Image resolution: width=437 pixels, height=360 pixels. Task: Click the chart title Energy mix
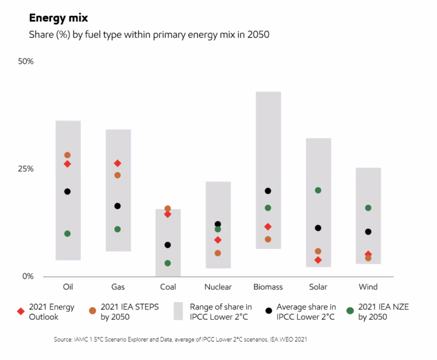pos(58,18)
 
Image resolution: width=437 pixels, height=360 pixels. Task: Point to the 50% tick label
pos(25,61)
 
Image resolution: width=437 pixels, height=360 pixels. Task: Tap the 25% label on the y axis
pos(25,169)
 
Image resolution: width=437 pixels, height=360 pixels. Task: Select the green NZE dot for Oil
pos(67,234)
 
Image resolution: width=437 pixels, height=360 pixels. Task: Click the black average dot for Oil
pos(67,191)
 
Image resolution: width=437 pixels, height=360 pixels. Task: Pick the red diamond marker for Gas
pos(117,163)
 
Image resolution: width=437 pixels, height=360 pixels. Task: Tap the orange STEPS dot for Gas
pos(117,175)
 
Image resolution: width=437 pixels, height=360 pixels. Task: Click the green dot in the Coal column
pos(168,263)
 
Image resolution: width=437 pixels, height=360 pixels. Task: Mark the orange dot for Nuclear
pos(218,253)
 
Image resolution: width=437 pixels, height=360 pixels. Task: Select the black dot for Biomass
pos(268,191)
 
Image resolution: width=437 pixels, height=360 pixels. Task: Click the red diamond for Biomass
pos(268,227)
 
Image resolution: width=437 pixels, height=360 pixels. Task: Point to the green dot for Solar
pos(318,190)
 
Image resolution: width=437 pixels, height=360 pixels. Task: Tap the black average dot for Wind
pos(368,232)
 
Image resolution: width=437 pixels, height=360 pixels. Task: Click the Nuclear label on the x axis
pos(218,287)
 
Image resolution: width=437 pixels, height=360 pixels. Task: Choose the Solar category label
pos(318,287)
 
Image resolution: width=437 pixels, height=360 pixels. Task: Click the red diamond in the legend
pos(20,311)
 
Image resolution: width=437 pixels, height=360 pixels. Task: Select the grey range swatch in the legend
pos(178,311)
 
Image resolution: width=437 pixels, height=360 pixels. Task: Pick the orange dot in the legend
pos(92,311)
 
